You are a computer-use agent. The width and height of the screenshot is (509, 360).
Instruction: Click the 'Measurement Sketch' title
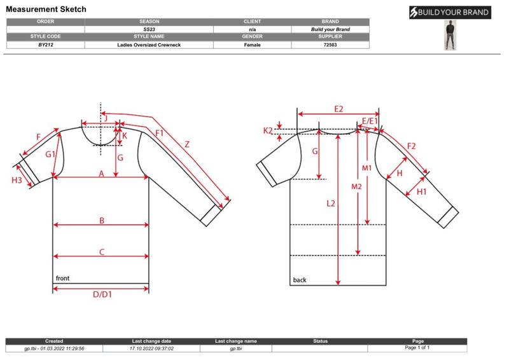(46, 9)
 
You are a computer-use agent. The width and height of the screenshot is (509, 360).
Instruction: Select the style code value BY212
(45, 45)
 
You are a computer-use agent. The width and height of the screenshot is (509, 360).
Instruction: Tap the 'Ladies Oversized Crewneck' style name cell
(149, 45)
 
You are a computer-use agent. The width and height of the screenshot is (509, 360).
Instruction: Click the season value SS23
(149, 29)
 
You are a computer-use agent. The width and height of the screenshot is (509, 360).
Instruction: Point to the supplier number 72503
(330, 45)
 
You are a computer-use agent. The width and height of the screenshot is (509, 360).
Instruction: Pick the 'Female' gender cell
(252, 45)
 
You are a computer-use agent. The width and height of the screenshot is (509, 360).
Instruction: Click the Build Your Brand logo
(450, 12)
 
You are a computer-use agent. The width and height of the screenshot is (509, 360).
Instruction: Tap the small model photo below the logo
(450, 35)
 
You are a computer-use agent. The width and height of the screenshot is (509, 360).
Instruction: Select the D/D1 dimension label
(102, 294)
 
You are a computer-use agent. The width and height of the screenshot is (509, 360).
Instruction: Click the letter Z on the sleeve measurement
(187, 144)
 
